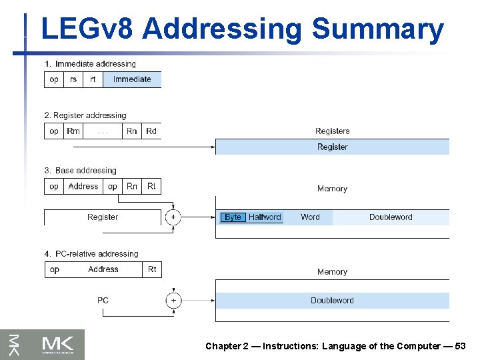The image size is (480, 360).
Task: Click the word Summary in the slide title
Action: (377, 29)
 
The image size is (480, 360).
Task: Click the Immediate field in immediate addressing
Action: (132, 79)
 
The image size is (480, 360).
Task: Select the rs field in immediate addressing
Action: (73, 79)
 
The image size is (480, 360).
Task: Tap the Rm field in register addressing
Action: (73, 131)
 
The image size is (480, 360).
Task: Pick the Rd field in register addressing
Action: (151, 131)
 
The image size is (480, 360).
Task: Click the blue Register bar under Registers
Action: (332, 147)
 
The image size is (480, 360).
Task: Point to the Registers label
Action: (332, 131)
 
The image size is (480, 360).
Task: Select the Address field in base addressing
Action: (83, 187)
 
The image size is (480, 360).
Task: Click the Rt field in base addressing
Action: (151, 187)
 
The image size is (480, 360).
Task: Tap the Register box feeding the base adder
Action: (103, 217)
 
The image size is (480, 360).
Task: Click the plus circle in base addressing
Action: (173, 217)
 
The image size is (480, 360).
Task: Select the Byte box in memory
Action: (233, 217)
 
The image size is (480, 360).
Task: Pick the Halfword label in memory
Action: (265, 217)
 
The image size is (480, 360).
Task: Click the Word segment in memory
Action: (310, 217)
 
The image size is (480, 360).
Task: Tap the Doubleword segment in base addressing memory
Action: (391, 217)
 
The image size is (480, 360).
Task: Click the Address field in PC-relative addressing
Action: (103, 269)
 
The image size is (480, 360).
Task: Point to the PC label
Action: (103, 301)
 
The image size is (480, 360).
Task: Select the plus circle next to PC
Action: (173, 301)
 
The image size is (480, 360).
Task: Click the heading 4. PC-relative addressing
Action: (91, 254)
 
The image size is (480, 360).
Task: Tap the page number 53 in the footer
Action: (460, 346)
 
